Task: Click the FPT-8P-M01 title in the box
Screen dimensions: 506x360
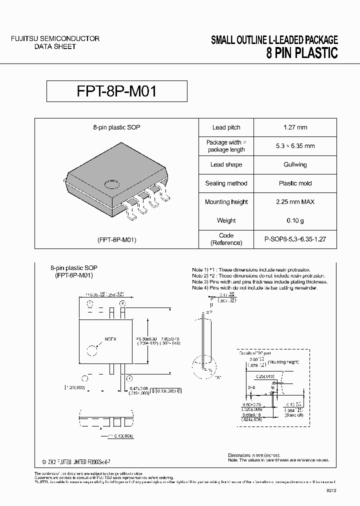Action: tap(117, 92)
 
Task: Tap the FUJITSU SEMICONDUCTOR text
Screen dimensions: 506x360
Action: tap(55, 38)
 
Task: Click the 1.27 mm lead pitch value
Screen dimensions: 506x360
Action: tap(295, 127)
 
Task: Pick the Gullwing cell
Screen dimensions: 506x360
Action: tap(295, 164)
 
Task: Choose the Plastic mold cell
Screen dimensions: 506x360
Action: tap(295, 183)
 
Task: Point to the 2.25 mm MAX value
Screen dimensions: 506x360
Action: tap(295, 202)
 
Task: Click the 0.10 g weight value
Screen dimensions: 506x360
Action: tap(295, 220)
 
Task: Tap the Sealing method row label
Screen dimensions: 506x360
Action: tap(226, 183)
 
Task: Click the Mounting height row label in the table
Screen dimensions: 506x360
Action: tap(226, 202)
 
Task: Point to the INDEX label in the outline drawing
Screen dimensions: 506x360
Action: tap(110, 338)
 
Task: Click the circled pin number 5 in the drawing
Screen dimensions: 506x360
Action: tap(122, 303)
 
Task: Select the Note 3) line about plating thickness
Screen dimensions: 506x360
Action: tap(255, 281)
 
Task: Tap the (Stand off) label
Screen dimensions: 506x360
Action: tap(294, 414)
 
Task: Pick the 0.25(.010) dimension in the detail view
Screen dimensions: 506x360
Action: tap(265, 375)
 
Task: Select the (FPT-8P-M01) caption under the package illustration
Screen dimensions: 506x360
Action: tap(116, 239)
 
